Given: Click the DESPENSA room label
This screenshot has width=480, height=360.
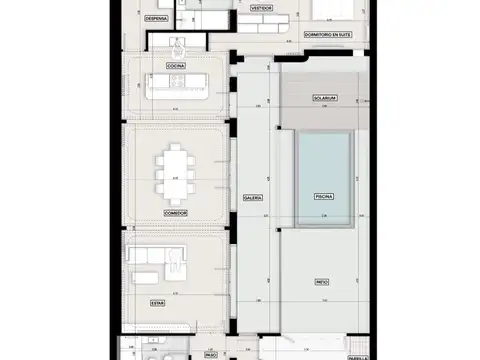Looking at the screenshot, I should (x=156, y=18).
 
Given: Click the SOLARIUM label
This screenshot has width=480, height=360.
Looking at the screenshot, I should (x=322, y=99).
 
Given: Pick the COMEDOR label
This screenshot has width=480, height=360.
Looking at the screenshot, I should (x=175, y=213).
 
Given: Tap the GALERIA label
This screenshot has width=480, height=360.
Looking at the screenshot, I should (x=253, y=198).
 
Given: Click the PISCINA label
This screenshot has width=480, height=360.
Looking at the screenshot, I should (x=322, y=198).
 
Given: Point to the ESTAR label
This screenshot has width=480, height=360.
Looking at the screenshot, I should (x=158, y=300).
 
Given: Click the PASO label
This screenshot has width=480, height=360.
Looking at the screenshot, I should (x=211, y=353).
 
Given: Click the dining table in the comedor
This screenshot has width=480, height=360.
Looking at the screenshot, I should (x=175, y=170).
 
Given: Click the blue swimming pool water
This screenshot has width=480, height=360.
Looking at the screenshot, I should (x=322, y=160).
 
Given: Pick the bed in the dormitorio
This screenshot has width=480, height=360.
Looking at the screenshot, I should (x=330, y=10).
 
